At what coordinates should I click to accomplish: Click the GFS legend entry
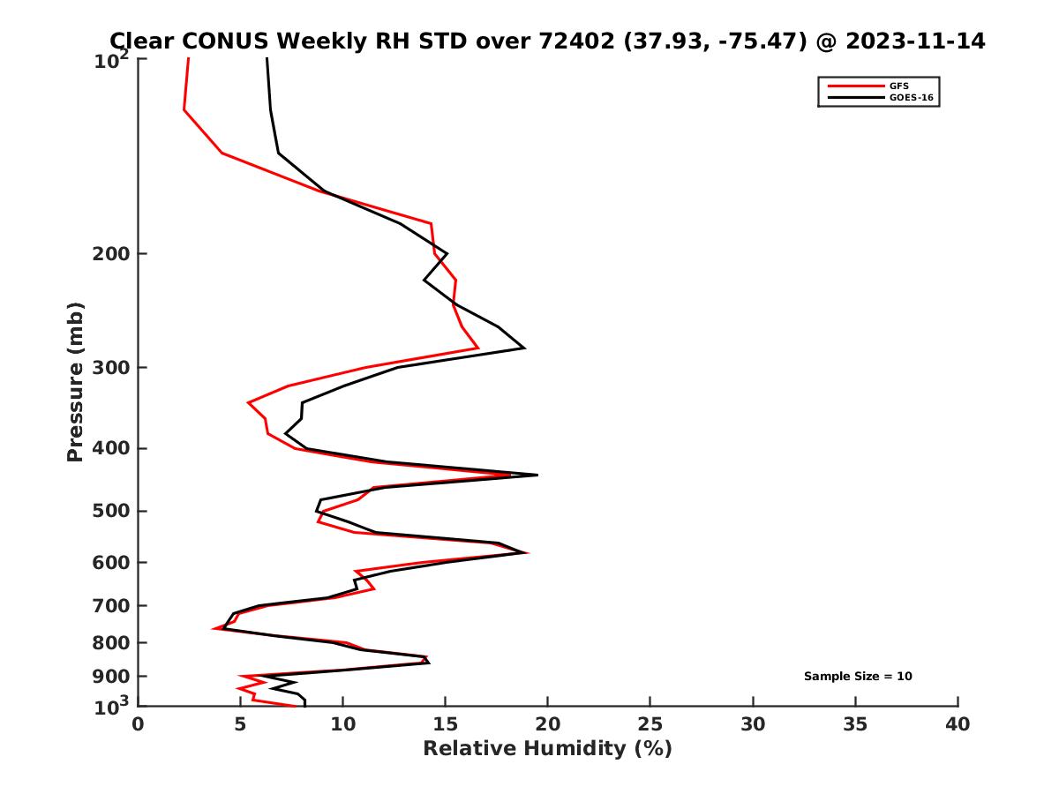pos(899,86)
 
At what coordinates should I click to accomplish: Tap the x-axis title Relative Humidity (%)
pos(547,749)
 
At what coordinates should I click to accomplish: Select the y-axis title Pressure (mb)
pos(75,382)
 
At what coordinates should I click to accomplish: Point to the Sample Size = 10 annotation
pos(858,677)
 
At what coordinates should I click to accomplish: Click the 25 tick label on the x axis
pos(650,725)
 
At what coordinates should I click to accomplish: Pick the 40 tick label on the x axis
pos(958,725)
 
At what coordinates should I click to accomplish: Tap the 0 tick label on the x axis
pos(139,725)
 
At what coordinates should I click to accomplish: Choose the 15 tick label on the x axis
pos(446,725)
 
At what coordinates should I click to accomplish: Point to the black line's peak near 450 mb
pos(537,475)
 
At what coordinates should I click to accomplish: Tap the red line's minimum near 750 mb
pos(214,628)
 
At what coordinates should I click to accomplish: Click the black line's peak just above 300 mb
pos(524,348)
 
